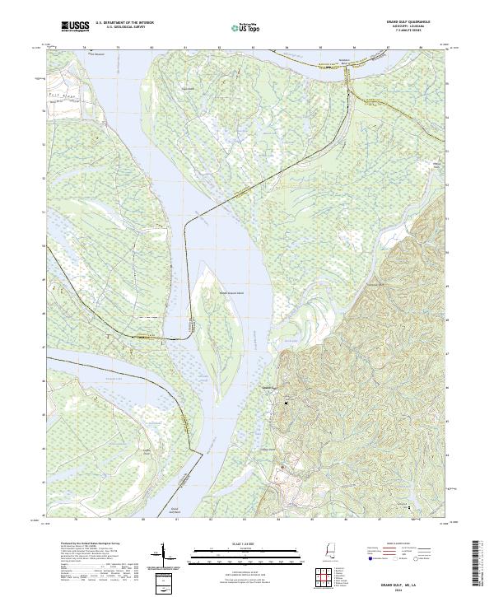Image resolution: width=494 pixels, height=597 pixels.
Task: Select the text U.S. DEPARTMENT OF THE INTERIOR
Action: (x=124, y=25)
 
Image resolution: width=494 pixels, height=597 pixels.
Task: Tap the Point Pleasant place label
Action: (x=98, y=55)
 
